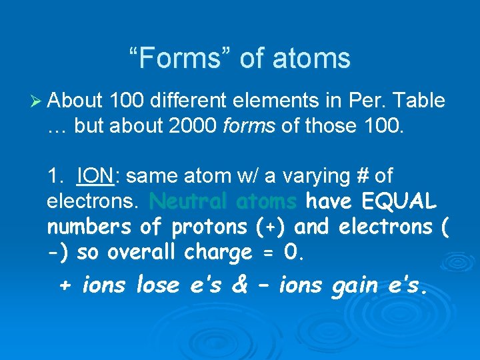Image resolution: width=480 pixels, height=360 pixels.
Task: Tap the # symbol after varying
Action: click(x=360, y=176)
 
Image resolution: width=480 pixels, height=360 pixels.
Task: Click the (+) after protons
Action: click(x=271, y=227)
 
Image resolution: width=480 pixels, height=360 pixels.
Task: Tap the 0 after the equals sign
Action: click(x=290, y=253)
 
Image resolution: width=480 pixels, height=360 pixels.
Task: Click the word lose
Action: click(x=158, y=285)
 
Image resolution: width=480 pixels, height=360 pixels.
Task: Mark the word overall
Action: click(x=143, y=253)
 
